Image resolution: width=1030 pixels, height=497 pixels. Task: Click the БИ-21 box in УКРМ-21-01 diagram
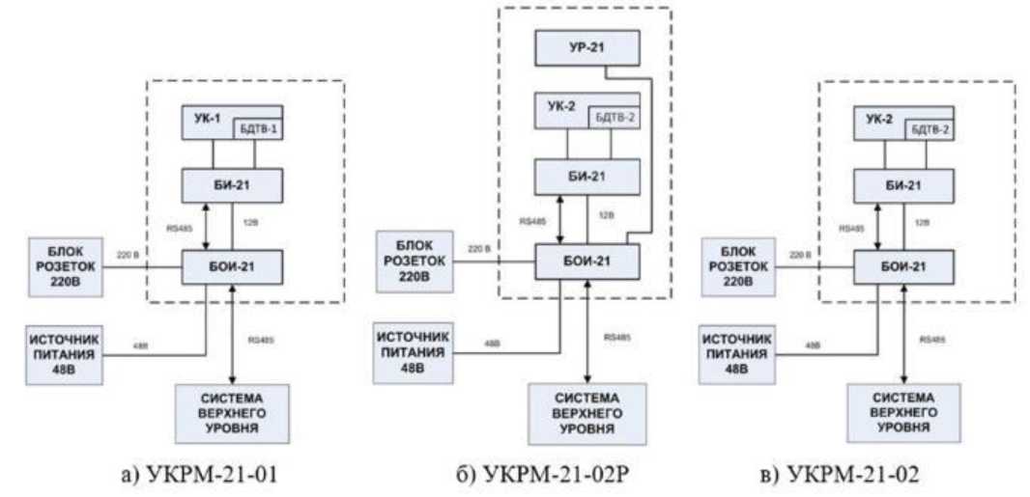[233, 183]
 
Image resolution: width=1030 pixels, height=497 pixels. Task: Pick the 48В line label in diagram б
[493, 344]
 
